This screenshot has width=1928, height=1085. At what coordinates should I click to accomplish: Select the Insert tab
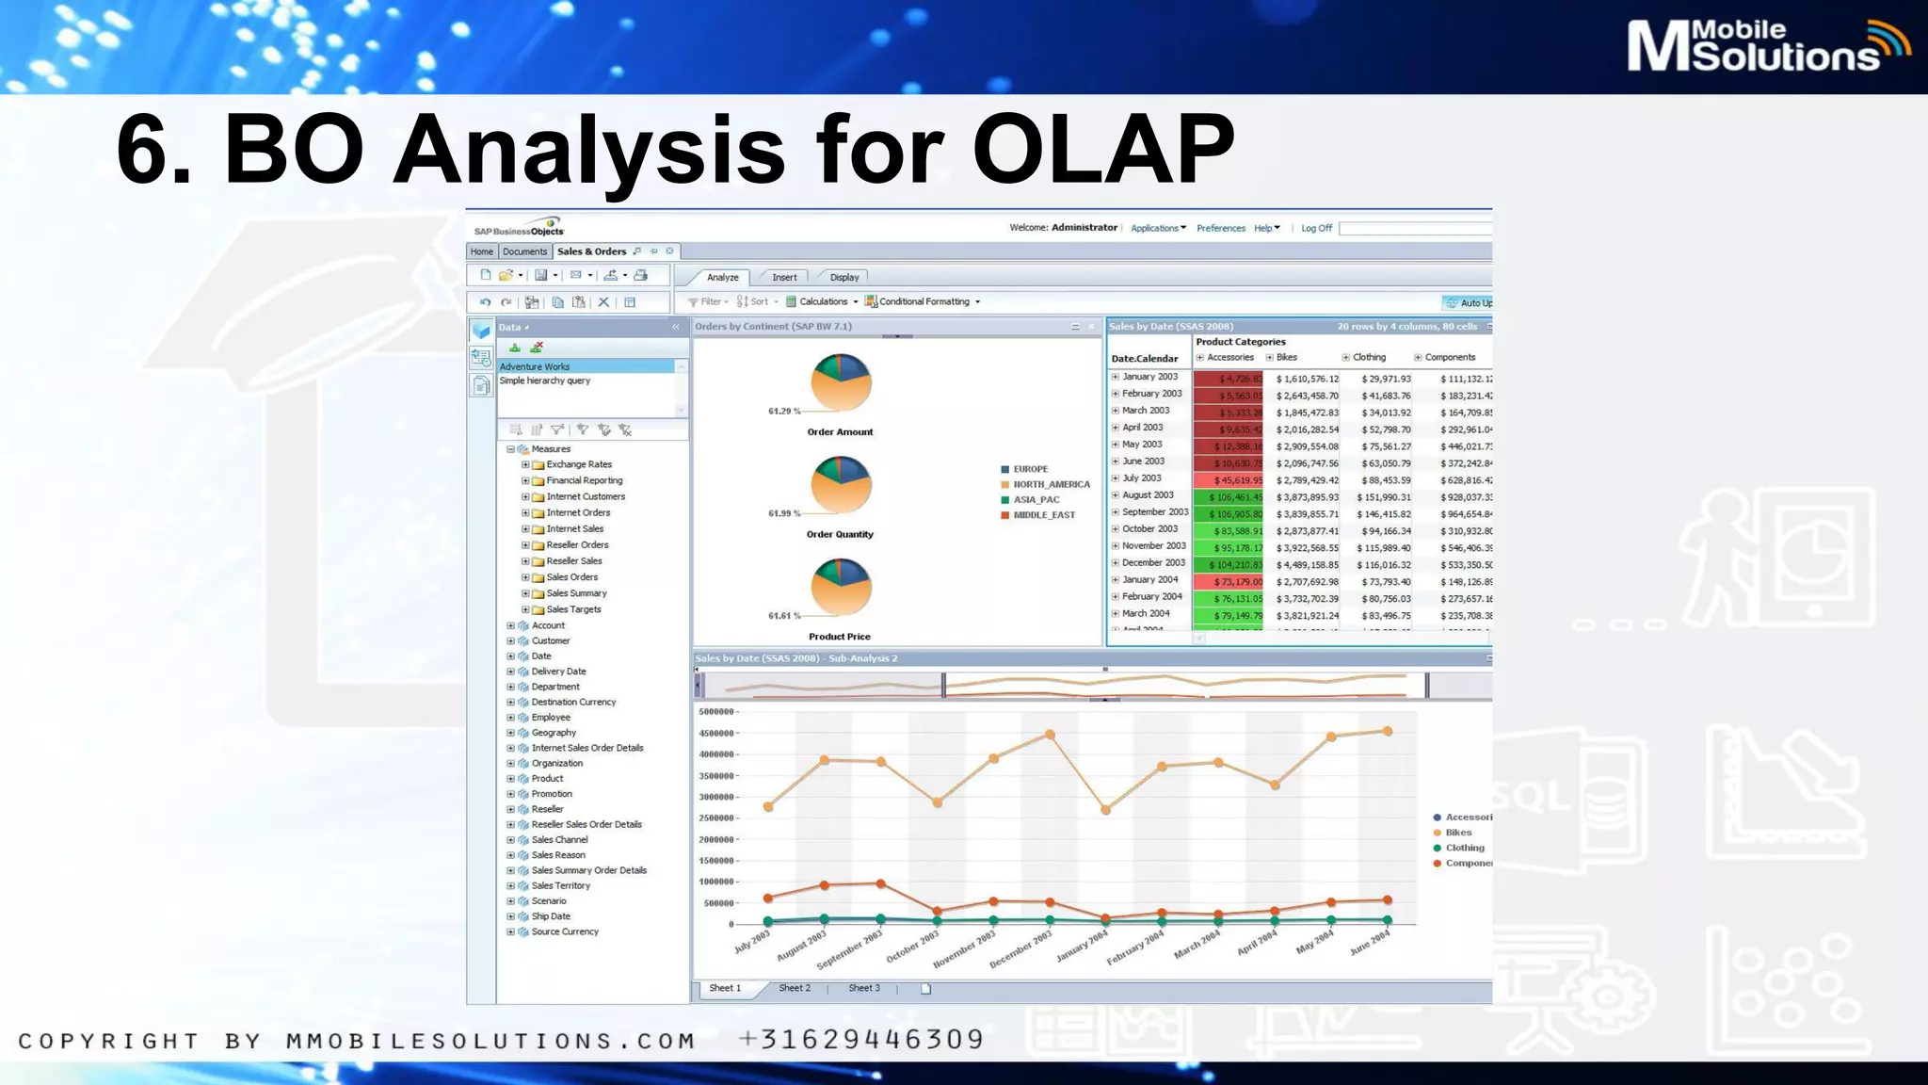click(784, 277)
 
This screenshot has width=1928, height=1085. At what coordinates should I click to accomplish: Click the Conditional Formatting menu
click(924, 301)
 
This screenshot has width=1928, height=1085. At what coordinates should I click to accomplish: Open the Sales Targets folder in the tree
click(572, 609)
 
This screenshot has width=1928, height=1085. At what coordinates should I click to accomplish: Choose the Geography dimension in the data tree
click(554, 733)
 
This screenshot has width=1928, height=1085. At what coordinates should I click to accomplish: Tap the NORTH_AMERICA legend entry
click(1051, 484)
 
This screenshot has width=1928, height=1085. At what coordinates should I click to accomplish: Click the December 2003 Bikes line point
click(1050, 735)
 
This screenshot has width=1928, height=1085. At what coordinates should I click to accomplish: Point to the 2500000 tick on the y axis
click(717, 818)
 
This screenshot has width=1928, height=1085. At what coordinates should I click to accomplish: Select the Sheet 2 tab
click(794, 988)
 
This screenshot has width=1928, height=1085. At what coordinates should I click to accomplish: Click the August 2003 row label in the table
click(1148, 495)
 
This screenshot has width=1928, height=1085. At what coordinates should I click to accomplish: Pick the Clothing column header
click(1369, 358)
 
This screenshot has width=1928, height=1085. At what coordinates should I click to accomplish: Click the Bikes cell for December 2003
click(1307, 565)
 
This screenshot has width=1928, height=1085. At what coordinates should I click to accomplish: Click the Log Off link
click(1316, 228)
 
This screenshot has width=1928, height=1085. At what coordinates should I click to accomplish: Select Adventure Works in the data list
click(535, 366)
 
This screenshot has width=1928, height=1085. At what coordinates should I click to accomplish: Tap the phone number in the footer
click(861, 1040)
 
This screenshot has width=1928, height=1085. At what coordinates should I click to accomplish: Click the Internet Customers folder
click(585, 496)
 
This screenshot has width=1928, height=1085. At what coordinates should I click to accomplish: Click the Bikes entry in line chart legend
click(1458, 833)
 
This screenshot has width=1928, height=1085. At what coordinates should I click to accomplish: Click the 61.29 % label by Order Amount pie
click(784, 412)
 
